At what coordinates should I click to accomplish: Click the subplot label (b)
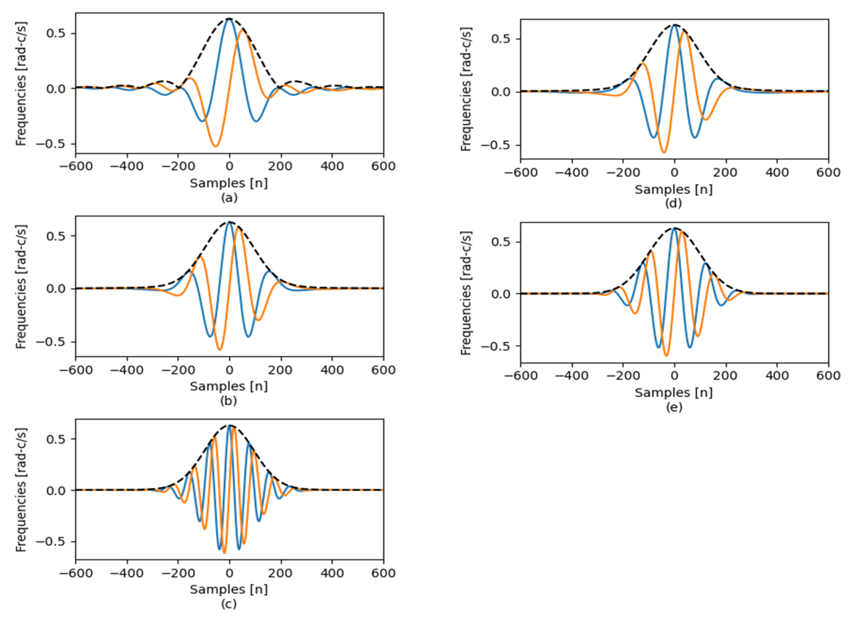pos(229,401)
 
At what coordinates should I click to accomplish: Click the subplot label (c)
pos(229,604)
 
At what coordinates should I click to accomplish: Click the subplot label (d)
pos(673,203)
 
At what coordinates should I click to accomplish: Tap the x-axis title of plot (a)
pos(229,183)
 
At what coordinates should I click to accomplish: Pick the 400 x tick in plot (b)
pos(332,370)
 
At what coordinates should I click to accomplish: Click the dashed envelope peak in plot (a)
pos(229,18)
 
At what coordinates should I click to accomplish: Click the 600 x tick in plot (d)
pos(828,173)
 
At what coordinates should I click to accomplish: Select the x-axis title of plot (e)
pos(673,392)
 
